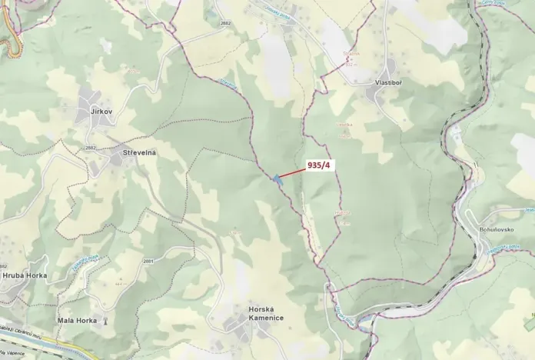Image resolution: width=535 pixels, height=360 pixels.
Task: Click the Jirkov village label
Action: (101, 112)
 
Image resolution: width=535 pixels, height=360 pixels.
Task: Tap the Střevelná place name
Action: (139, 153)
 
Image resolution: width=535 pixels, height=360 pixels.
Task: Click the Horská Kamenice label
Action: (266, 313)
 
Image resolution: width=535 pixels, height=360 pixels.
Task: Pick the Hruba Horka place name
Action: (25, 275)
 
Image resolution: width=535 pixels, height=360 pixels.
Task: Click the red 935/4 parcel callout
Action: (320, 165)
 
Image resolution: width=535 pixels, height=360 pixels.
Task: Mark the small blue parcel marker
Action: (276, 179)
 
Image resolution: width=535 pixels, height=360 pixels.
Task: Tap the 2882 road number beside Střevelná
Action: (91, 148)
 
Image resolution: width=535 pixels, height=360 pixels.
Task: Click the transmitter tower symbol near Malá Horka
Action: (106, 320)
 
